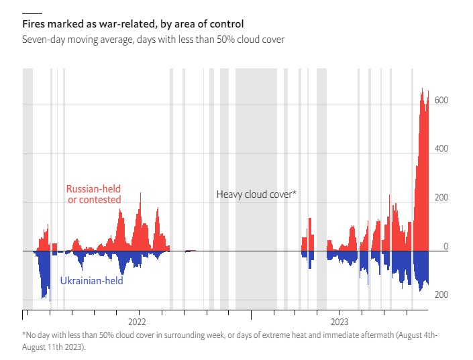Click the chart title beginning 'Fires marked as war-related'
click(x=133, y=24)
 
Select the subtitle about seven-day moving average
click(x=153, y=40)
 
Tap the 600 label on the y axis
click(x=441, y=100)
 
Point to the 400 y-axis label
click(x=441, y=149)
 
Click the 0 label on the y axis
click(x=446, y=246)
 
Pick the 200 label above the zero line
click(x=441, y=198)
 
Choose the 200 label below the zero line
click(x=441, y=294)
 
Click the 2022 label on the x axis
click(x=137, y=322)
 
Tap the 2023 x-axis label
click(x=339, y=322)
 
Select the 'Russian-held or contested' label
click(x=94, y=194)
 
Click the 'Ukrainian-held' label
click(x=92, y=281)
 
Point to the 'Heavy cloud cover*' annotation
click(x=256, y=194)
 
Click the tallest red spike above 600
click(x=422, y=88)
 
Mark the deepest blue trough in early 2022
click(x=50, y=301)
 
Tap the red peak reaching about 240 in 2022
click(x=140, y=193)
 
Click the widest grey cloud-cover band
click(x=256, y=189)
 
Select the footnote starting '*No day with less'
click(x=229, y=341)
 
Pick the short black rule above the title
click(x=32, y=13)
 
